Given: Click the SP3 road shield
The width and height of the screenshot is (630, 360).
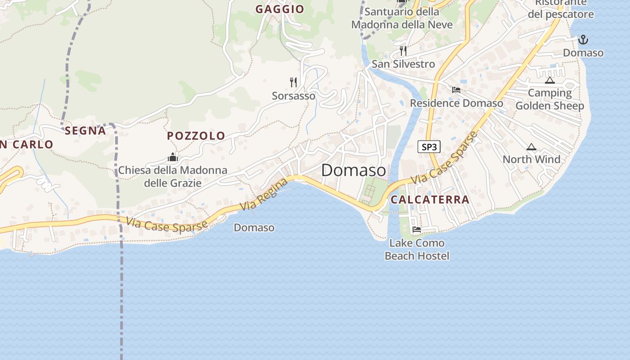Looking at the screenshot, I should [429, 147].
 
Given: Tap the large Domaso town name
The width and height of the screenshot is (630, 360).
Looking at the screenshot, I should [353, 171].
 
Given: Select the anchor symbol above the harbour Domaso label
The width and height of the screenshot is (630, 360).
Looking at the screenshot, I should [583, 40].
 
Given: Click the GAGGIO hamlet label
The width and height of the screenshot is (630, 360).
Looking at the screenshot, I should [280, 9].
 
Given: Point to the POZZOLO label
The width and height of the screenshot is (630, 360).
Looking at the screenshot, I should [196, 135].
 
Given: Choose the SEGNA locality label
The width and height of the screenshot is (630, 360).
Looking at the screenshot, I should [85, 130].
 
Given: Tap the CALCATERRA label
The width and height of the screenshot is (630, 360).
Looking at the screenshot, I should [430, 199].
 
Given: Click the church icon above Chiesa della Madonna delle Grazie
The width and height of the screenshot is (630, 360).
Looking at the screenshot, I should [173, 157].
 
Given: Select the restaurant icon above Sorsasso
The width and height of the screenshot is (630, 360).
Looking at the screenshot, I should [293, 82].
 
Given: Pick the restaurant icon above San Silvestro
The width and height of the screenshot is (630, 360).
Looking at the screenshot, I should [403, 50].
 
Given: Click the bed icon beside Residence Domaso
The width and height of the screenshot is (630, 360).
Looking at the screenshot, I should [456, 90].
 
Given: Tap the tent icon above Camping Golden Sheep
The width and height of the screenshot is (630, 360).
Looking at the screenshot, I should [549, 81].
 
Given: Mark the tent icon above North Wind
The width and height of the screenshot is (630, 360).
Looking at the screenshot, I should [531, 147].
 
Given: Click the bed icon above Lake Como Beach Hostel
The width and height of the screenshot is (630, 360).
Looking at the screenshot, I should [417, 229].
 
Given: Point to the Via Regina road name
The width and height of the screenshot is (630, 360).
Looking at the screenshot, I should [264, 194].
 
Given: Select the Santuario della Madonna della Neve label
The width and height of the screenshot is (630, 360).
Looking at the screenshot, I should [402, 18].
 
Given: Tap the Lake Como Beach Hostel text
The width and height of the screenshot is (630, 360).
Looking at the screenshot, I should [417, 250].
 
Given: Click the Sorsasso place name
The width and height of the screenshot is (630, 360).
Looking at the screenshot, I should [293, 96].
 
